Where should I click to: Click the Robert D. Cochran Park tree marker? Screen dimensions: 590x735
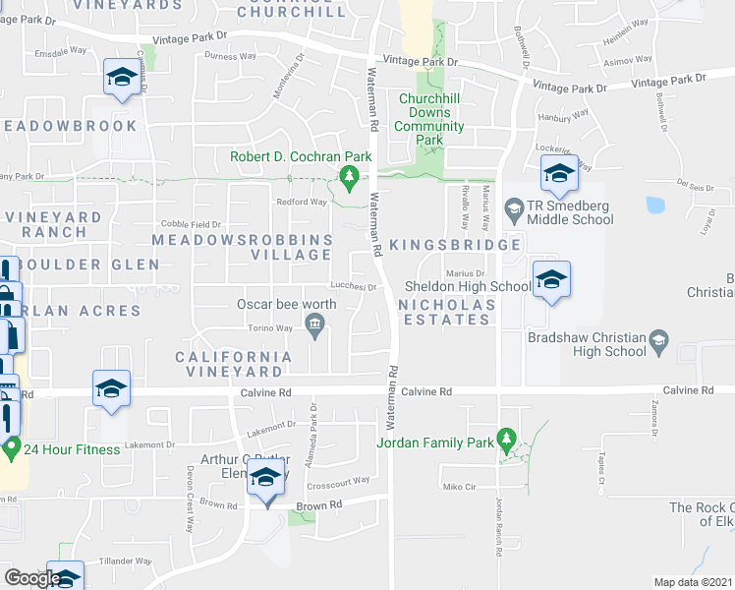point(348,176)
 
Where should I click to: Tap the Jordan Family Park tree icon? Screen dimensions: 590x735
point(507,439)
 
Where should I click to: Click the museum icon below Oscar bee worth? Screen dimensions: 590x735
point(314,325)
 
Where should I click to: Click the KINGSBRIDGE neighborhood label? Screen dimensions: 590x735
point(454,244)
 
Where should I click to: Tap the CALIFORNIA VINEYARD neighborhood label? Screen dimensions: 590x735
point(234,364)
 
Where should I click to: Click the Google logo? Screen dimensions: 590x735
point(31,578)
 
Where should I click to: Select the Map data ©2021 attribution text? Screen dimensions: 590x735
point(693,582)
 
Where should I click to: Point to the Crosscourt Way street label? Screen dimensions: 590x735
point(337,480)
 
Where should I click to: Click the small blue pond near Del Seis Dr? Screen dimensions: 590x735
point(655,206)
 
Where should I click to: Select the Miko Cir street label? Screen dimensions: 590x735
point(459,487)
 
